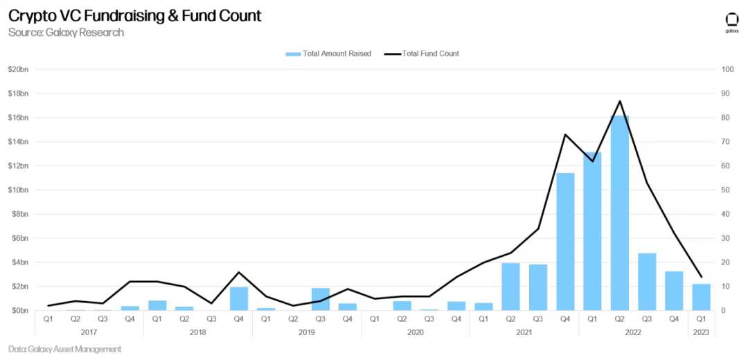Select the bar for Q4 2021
click(565, 242)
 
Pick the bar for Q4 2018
click(238, 298)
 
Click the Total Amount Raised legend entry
click(328, 53)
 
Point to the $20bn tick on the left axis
click(18, 69)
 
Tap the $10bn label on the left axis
click(18, 190)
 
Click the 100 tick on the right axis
click(727, 69)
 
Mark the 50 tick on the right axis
click(725, 190)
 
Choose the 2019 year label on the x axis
click(306, 333)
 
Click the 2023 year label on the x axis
click(701, 333)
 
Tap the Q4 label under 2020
click(456, 319)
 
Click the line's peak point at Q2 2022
click(619, 101)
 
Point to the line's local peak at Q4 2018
click(238, 272)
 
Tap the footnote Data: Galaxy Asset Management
click(65, 350)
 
